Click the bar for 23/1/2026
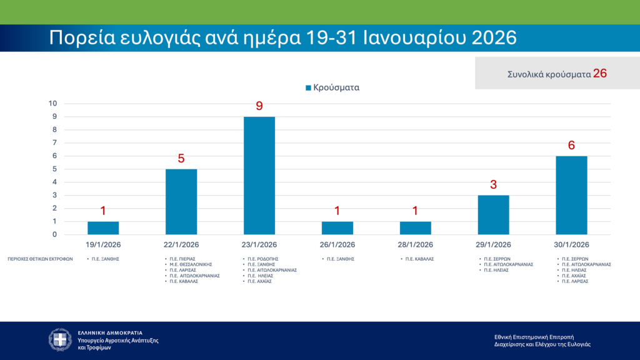tap(259, 176)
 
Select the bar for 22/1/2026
tap(181, 202)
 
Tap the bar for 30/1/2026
tap(571, 195)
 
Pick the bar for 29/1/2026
tap(493, 215)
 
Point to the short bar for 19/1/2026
tap(103, 228)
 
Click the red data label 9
tap(259, 106)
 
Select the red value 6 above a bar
tap(571, 146)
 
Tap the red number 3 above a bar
tap(493, 185)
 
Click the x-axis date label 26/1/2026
tap(337, 244)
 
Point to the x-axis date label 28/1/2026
tap(415, 244)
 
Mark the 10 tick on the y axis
tap(54, 104)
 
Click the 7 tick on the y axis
tap(55, 143)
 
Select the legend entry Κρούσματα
tap(332, 88)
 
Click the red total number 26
tap(600, 73)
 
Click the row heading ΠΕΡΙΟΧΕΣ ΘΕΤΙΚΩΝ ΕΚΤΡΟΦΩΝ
tap(40, 258)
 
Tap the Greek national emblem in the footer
tap(61, 339)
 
